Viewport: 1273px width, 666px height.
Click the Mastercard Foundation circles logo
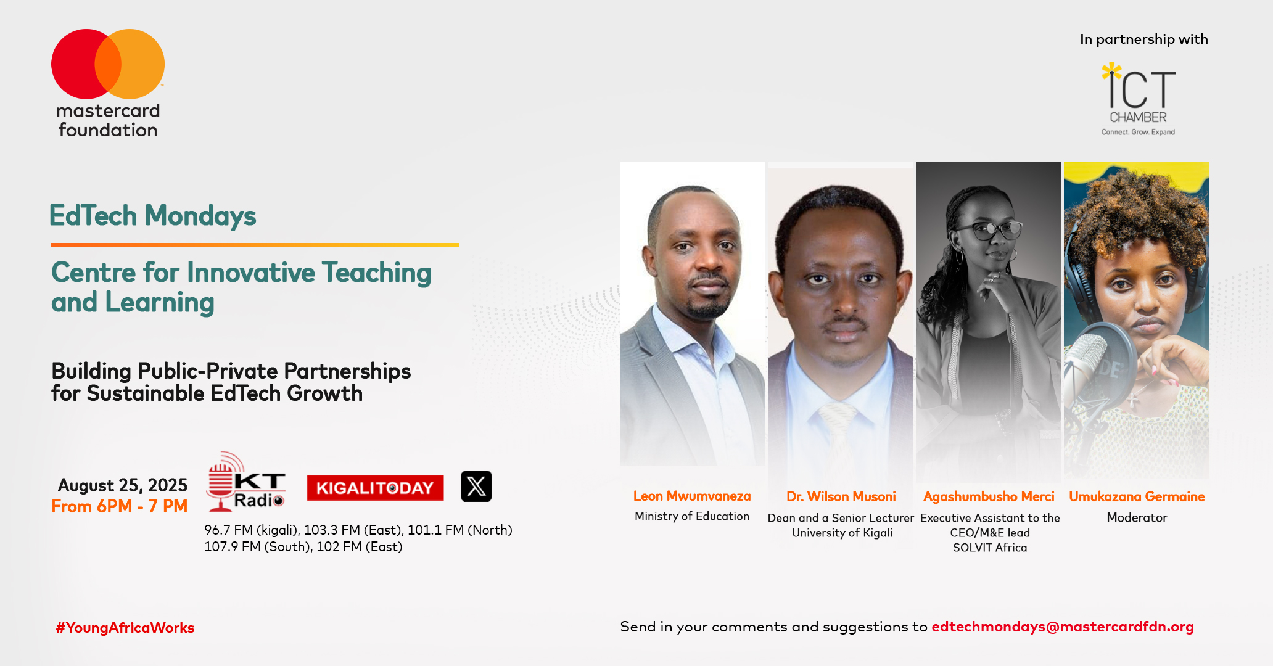click(x=108, y=64)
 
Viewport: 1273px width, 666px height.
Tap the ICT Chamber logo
click(x=1139, y=99)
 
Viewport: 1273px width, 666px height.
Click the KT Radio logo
click(x=245, y=482)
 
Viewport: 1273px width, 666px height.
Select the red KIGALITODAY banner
click(x=375, y=488)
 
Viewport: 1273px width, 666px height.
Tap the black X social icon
click(x=476, y=486)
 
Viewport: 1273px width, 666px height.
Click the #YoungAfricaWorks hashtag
click(x=125, y=628)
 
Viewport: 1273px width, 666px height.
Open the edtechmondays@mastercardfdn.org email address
click(x=1063, y=627)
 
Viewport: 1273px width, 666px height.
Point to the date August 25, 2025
click(x=123, y=485)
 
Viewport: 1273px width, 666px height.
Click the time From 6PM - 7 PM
click(x=119, y=506)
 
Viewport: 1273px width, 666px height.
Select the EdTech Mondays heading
click(x=152, y=216)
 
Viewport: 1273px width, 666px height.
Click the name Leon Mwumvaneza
click(x=692, y=496)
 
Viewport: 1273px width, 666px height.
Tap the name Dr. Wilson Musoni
click(x=841, y=496)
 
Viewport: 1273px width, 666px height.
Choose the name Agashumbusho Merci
click(x=989, y=496)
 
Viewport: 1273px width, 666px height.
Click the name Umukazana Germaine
click(x=1137, y=496)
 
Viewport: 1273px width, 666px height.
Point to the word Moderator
click(x=1137, y=517)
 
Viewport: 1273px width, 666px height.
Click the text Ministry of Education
click(x=692, y=516)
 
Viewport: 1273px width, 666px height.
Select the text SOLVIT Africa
click(x=990, y=548)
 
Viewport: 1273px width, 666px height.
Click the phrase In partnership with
click(x=1144, y=39)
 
